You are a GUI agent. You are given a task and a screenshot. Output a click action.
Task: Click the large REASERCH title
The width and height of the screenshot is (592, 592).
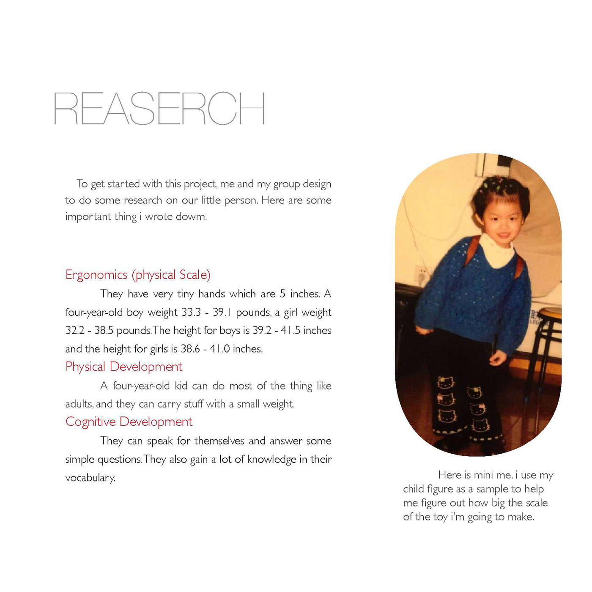(x=159, y=109)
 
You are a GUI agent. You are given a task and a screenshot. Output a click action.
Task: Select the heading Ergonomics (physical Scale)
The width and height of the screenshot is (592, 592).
(x=138, y=275)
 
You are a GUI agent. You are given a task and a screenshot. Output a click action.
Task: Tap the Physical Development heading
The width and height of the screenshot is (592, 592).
(x=124, y=367)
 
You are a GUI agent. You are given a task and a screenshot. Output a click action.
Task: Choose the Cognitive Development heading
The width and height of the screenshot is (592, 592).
(x=129, y=422)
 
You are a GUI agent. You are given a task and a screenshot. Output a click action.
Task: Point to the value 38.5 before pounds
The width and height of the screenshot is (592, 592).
(x=104, y=331)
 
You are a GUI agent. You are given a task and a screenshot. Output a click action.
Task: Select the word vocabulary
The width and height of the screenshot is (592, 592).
(x=90, y=478)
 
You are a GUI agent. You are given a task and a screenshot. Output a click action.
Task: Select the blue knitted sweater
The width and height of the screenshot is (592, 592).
(x=469, y=296)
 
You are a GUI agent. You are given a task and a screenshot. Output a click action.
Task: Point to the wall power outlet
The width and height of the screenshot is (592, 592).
(x=422, y=275)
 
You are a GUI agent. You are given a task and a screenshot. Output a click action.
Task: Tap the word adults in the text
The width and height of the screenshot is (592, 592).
(x=79, y=404)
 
